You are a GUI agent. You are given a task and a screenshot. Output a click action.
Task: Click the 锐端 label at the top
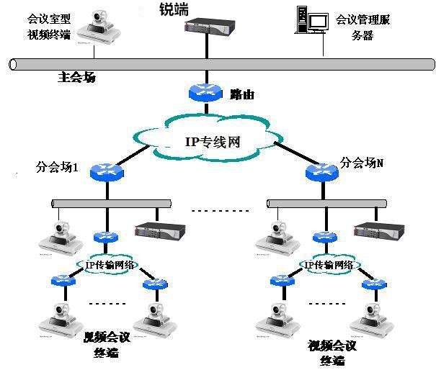[x=174, y=10]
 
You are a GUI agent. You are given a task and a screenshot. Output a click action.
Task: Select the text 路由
[x=242, y=94]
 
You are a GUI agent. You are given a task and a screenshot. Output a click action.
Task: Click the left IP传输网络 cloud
[x=104, y=266]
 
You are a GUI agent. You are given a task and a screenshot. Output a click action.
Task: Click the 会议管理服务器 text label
[x=366, y=27]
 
